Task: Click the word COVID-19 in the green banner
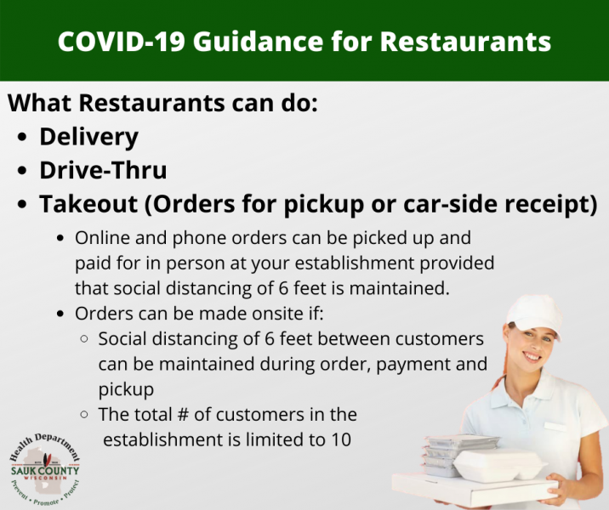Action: [121, 41]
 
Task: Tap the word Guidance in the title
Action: [258, 42]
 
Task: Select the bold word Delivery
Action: [89, 138]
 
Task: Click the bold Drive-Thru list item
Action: [103, 170]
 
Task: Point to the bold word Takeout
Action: [88, 204]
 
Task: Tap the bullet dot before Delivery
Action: [22, 137]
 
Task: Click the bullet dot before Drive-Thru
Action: [22, 171]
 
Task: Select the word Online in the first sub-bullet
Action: [103, 238]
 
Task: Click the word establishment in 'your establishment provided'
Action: [355, 263]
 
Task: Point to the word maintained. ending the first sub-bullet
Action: [399, 288]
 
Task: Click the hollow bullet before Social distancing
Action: [84, 339]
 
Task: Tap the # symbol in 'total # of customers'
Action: [183, 415]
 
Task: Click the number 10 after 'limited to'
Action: [341, 439]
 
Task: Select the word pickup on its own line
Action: [126, 390]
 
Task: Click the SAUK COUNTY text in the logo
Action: [45, 471]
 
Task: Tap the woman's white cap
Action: [536, 315]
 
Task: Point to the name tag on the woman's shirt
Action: [555, 426]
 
